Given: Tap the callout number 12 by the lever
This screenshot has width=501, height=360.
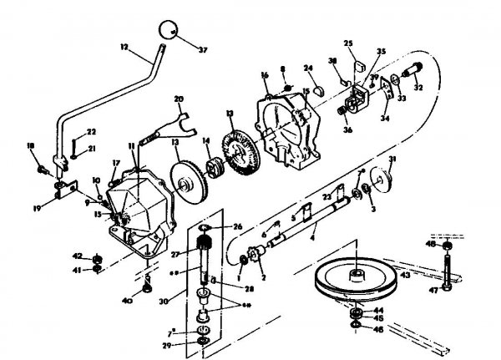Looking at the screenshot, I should coord(124,48).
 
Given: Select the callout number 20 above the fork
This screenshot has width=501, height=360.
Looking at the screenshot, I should coord(178,99).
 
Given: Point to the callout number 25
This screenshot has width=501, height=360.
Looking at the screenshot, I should coord(348,43).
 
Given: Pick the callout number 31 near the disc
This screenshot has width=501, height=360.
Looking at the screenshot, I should coord(392,160).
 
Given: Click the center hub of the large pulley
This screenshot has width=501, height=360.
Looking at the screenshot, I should coord(356,272).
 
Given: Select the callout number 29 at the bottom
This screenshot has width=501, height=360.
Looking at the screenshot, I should coord(190,344).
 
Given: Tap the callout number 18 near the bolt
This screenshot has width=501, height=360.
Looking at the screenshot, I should coord(32,145).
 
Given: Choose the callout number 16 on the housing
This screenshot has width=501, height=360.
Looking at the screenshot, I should coord(264,74).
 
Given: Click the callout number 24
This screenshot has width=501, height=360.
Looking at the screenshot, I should coord(308,68).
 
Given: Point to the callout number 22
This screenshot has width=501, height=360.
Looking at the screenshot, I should coord(91,131).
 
